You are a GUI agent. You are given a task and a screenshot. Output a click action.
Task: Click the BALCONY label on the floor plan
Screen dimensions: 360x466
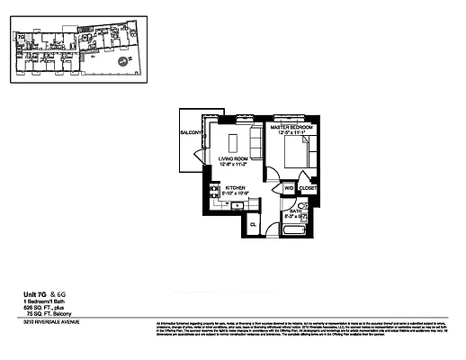pyautogui.click(x=190, y=133)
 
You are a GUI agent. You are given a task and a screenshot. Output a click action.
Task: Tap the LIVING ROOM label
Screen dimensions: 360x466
pyautogui.click(x=234, y=161)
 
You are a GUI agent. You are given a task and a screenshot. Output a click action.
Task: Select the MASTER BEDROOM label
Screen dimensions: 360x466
pyautogui.click(x=292, y=130)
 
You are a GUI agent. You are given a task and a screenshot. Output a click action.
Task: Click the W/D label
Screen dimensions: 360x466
pyautogui.click(x=290, y=188)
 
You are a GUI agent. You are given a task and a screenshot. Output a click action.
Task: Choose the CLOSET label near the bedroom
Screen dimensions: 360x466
pyautogui.click(x=309, y=189)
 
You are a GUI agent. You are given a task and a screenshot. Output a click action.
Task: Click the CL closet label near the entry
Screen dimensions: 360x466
pyautogui.click(x=253, y=223)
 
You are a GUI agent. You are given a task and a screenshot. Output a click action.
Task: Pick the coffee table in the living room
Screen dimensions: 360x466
pyautogui.click(x=234, y=141)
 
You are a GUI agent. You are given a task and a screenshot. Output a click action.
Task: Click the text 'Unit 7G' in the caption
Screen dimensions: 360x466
pyautogui.click(x=37, y=294)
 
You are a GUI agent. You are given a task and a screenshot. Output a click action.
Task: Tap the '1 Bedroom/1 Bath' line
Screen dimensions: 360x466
pyautogui.click(x=43, y=302)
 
